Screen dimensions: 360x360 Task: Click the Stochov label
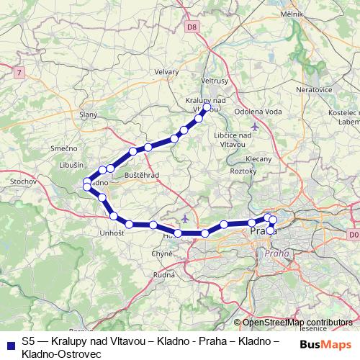(24, 182)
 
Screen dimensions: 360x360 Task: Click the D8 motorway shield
(191, 27)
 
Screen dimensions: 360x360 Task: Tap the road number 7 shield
(19, 71)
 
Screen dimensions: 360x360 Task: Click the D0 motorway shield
(352, 235)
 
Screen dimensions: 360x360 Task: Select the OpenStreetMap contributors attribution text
(297, 323)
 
